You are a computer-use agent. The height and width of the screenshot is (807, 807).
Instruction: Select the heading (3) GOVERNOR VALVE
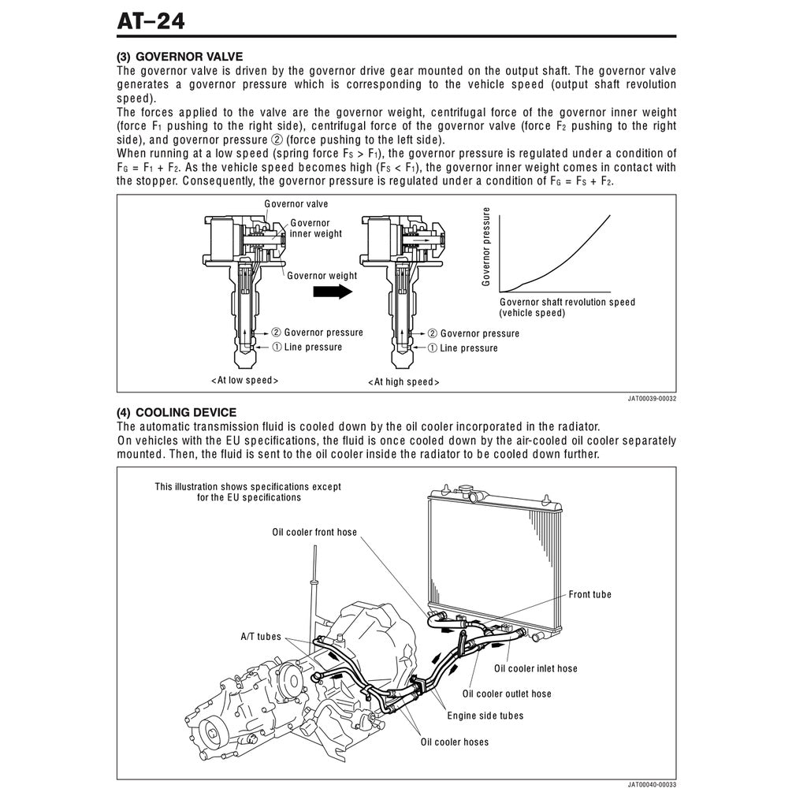coord(180,57)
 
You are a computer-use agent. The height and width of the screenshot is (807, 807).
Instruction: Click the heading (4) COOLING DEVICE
coord(176,412)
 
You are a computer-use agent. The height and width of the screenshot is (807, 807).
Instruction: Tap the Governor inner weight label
coord(315,229)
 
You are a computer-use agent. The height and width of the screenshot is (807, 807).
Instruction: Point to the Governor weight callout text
coord(322,276)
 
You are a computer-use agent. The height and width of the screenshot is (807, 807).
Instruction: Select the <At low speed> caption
coord(244,381)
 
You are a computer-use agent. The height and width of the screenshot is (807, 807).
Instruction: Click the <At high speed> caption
coord(403,382)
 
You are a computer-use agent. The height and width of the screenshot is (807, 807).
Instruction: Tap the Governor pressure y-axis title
coord(486,247)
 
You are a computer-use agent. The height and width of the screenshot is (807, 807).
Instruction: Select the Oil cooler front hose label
coord(314,532)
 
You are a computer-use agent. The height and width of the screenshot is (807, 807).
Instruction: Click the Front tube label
coord(589,594)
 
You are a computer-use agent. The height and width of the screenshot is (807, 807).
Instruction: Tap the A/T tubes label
coord(260,637)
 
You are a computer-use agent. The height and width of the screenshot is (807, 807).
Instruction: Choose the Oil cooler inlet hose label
coord(535,668)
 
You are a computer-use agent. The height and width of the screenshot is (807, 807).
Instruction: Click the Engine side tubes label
coord(485,716)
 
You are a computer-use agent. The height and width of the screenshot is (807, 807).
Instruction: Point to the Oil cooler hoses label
coord(454,742)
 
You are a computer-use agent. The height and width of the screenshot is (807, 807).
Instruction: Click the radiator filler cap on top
coord(473,494)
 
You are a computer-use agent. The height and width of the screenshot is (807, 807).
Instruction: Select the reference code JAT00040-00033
coord(652,785)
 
